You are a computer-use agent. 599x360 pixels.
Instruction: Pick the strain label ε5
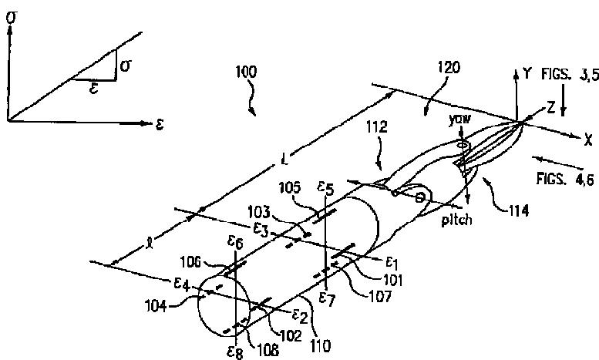(x=325, y=187)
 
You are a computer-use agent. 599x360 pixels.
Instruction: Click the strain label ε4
(x=182, y=285)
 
